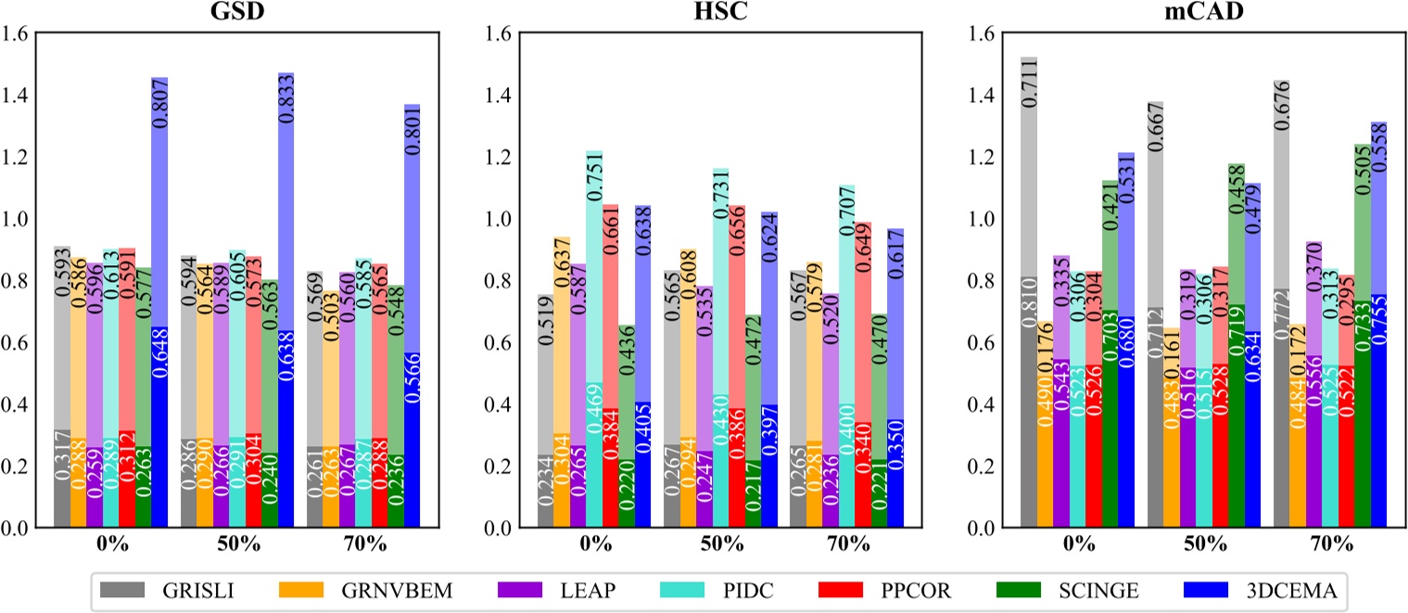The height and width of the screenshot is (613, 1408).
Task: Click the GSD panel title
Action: click(238, 14)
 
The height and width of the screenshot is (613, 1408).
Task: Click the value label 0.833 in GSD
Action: click(286, 107)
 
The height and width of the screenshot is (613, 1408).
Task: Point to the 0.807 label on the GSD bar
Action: click(160, 109)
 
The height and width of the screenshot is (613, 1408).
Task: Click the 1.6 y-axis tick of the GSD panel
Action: click(19, 34)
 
